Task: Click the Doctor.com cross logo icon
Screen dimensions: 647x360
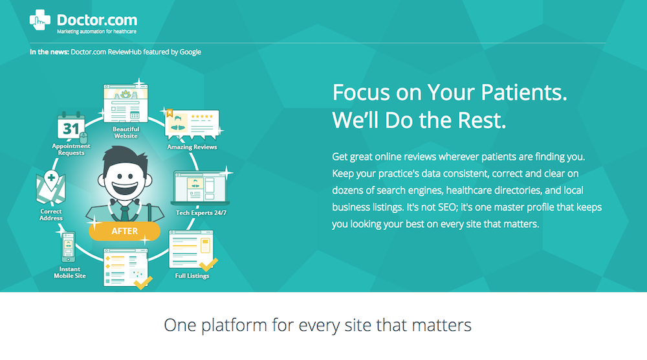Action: pos(40,20)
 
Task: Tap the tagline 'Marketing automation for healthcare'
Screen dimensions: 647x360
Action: pos(96,31)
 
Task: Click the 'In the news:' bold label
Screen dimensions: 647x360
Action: pos(49,52)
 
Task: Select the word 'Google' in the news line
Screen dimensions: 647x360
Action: pos(190,52)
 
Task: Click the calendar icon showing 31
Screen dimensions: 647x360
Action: pos(71,126)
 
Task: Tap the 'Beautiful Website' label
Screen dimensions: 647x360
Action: pos(126,133)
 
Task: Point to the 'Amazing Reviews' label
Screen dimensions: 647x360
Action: pos(192,147)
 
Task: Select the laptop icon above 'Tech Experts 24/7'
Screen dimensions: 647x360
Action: pos(201,188)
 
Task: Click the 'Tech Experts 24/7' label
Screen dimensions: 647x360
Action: pos(201,213)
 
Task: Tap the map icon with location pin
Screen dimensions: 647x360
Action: pos(50,187)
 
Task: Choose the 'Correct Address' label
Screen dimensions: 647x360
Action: pos(51,215)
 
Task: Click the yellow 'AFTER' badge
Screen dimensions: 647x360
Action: pos(125,231)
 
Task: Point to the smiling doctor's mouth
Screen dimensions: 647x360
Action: pos(125,187)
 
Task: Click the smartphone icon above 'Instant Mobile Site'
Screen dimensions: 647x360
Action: pos(69,247)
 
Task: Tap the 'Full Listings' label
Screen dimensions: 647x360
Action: pos(192,276)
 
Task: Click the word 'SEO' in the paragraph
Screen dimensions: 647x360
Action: pos(446,207)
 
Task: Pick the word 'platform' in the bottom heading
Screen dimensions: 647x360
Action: pos(234,325)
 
